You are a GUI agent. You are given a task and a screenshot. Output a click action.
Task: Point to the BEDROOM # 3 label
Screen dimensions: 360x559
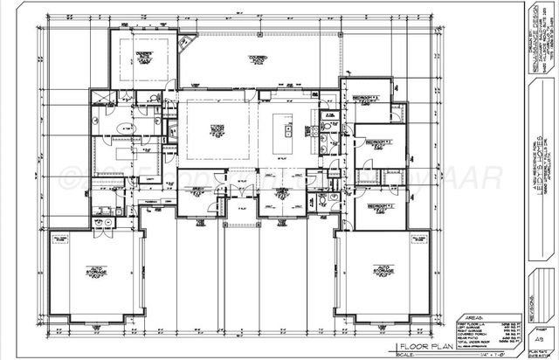[376, 140]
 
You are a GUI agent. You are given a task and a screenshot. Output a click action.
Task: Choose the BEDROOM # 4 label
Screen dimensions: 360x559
[377, 205]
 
